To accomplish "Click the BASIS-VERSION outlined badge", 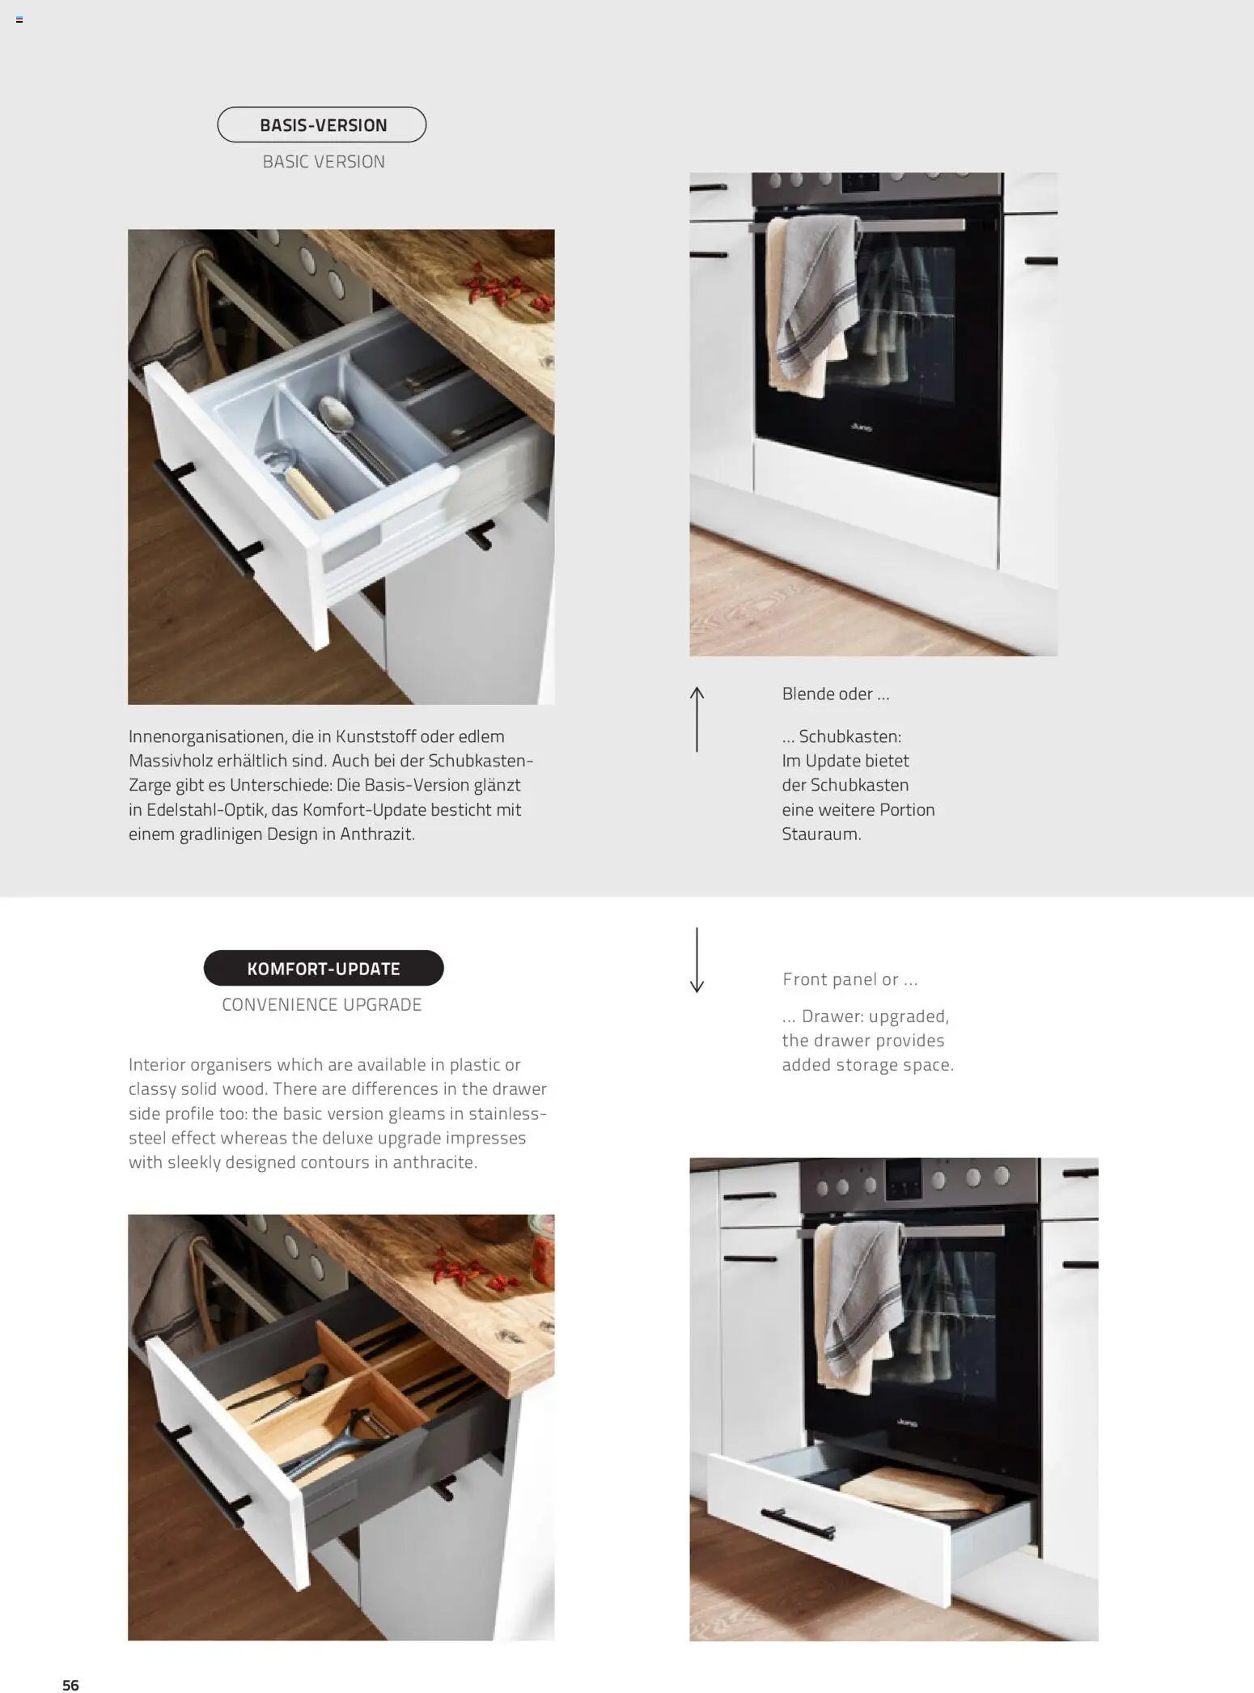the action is [x=322, y=125].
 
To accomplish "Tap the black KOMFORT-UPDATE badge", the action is [x=324, y=968].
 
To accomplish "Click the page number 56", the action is [x=71, y=1685].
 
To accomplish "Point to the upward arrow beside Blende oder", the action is [x=697, y=719].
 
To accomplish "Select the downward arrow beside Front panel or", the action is [x=697, y=960].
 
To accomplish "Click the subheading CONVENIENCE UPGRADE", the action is [x=322, y=1004].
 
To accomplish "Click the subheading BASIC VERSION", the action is [x=324, y=162].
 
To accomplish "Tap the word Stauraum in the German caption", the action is [x=820, y=834].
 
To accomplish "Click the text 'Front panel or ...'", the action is [x=849, y=979].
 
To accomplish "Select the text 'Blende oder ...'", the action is [x=836, y=694].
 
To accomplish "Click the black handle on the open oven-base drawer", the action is [x=797, y=1525].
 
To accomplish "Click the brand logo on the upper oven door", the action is [x=862, y=427].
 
